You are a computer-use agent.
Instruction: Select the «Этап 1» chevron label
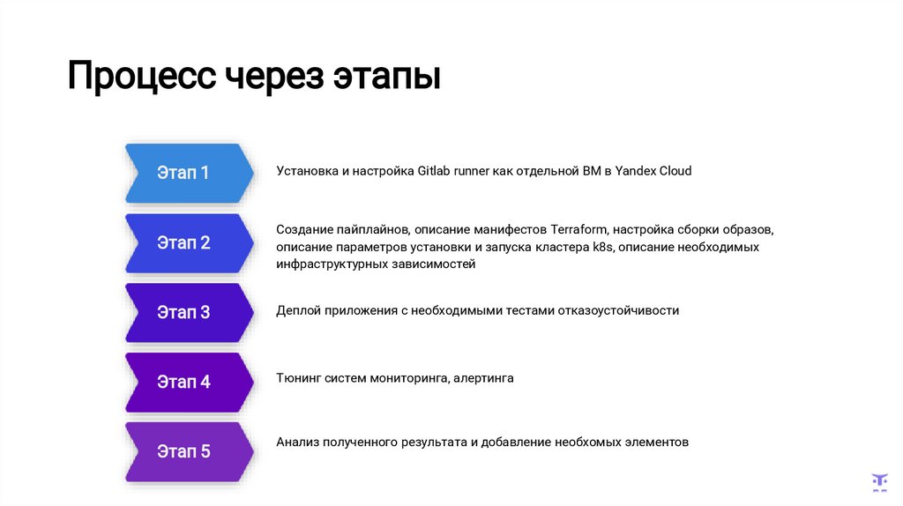tap(183, 173)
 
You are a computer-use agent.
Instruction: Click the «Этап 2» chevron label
tap(183, 242)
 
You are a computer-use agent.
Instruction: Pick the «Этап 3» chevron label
tap(183, 312)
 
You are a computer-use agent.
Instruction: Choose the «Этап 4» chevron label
tap(183, 382)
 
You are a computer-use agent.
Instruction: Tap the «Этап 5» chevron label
tap(183, 451)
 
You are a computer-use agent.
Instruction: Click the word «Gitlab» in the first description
tap(435, 171)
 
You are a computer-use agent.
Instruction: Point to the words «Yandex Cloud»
tap(653, 171)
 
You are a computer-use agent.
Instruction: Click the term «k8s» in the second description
tap(603, 247)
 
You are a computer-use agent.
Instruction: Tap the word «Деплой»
tap(298, 310)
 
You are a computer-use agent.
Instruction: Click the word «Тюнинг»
tap(298, 378)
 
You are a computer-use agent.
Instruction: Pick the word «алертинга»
tap(485, 378)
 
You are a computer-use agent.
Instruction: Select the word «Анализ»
tap(298, 442)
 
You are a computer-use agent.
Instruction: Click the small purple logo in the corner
tap(879, 481)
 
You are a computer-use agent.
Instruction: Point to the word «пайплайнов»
tap(377, 230)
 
